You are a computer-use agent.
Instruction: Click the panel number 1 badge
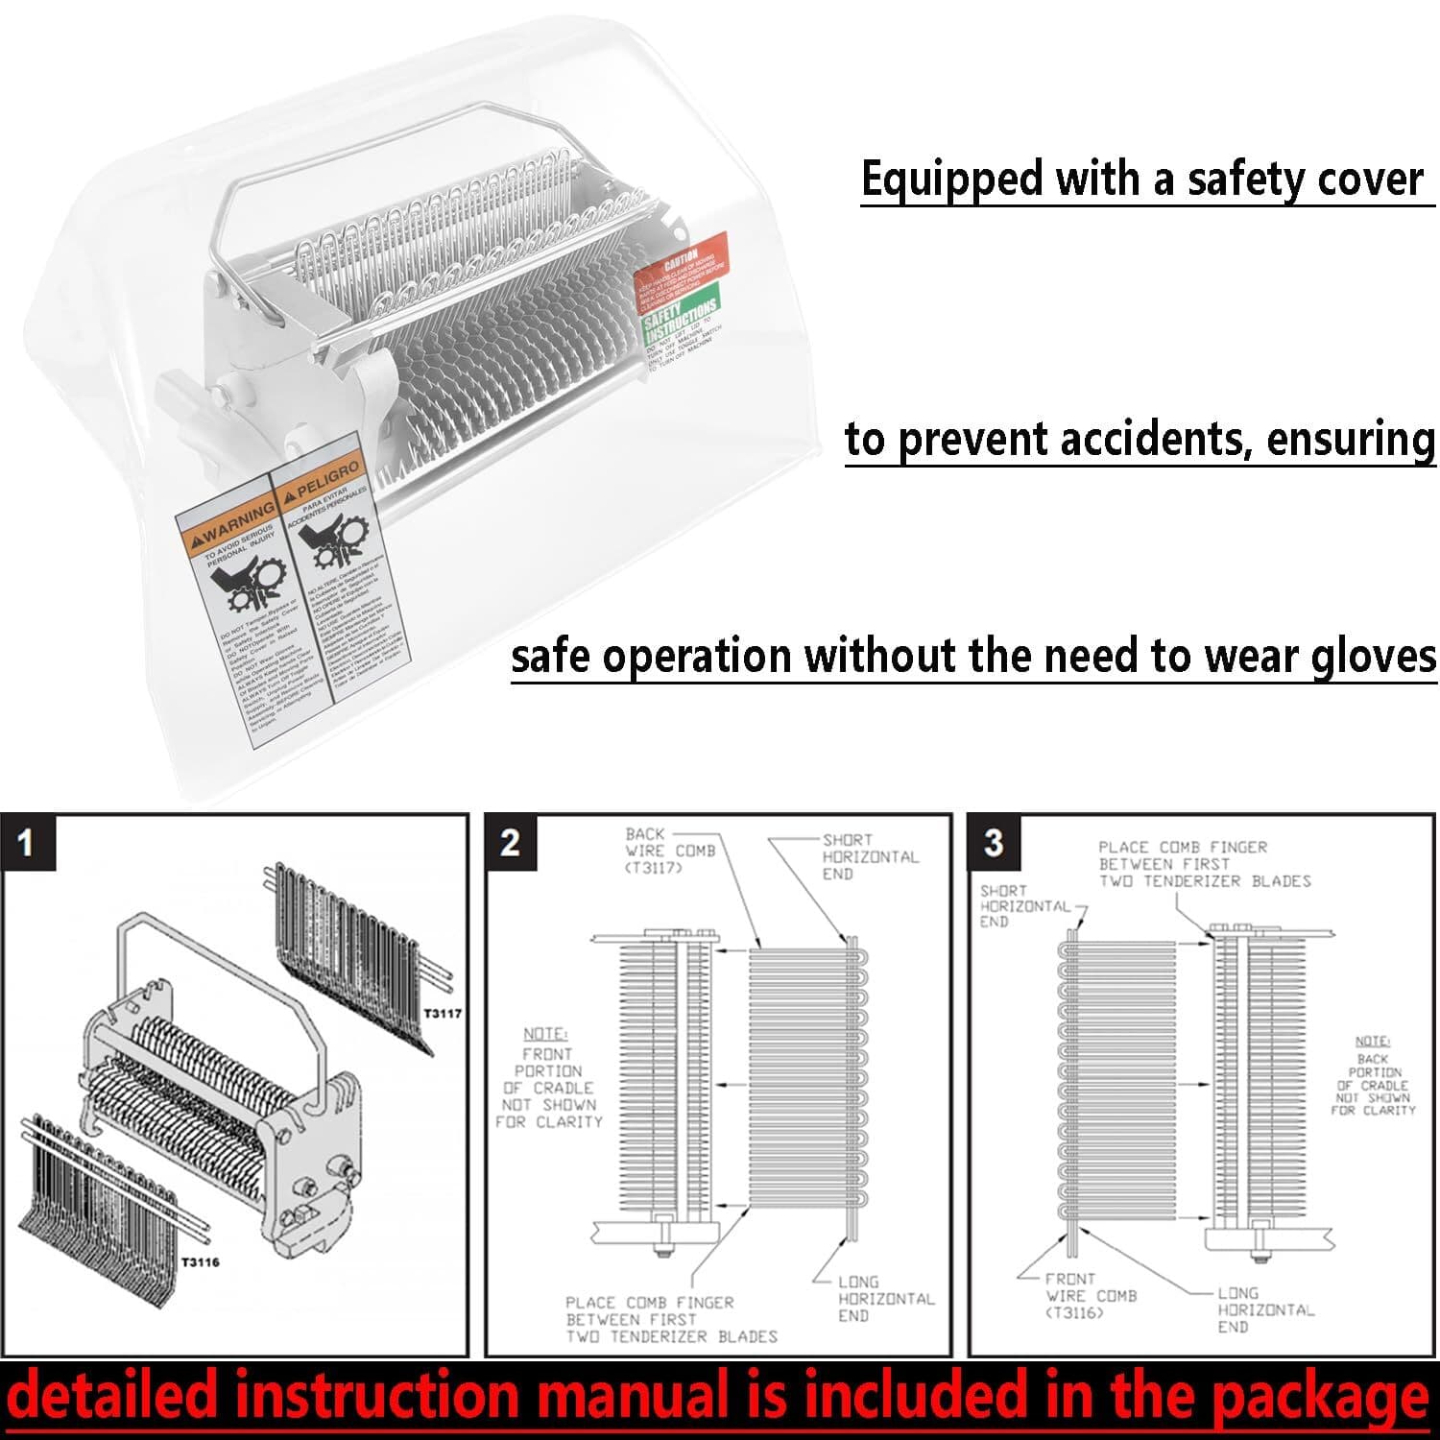[x=26, y=843]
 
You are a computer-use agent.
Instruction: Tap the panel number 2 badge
[x=510, y=843]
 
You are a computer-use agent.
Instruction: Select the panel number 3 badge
[x=994, y=843]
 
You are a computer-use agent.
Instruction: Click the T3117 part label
[x=443, y=1013]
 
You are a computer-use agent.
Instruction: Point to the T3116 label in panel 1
[x=201, y=1261]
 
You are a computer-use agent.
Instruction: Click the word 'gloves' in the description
[x=1374, y=658]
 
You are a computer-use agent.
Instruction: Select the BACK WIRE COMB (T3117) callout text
[x=670, y=852]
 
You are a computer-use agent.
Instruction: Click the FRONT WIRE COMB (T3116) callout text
[x=1091, y=1295]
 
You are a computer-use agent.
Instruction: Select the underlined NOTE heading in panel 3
[x=1372, y=1041]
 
